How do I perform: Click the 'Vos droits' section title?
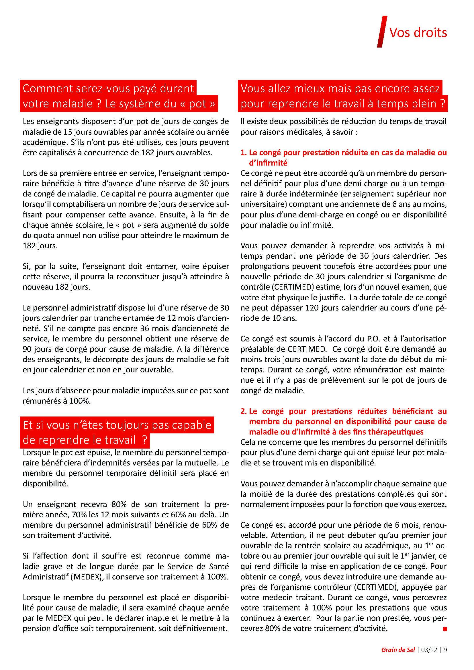click(418, 32)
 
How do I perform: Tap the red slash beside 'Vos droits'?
click(382, 32)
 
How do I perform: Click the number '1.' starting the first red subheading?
click(243, 153)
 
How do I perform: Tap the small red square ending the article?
click(445, 629)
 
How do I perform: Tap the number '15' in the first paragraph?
click(68, 132)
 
